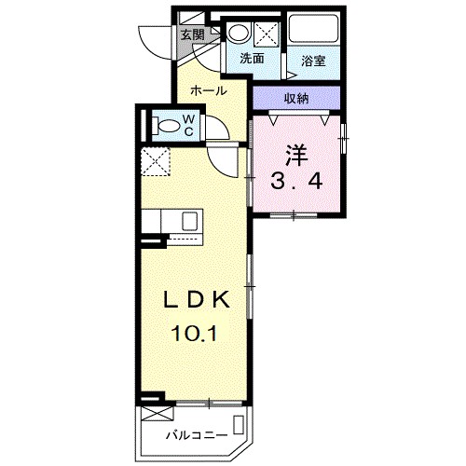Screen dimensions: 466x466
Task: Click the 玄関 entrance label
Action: (x=192, y=34)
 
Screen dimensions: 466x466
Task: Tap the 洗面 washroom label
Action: (x=252, y=58)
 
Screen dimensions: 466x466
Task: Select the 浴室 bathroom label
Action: (x=312, y=62)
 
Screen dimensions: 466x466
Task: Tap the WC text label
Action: (x=187, y=124)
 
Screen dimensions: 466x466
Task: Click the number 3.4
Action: (x=296, y=181)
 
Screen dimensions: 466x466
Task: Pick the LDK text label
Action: (x=197, y=300)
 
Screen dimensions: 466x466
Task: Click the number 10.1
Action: (x=197, y=332)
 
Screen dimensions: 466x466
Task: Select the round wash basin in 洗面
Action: (x=239, y=34)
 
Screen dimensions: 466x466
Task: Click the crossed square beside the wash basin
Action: (x=266, y=34)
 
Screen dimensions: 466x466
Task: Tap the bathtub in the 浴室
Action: (x=315, y=30)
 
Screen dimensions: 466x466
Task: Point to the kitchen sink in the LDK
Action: (x=187, y=224)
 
